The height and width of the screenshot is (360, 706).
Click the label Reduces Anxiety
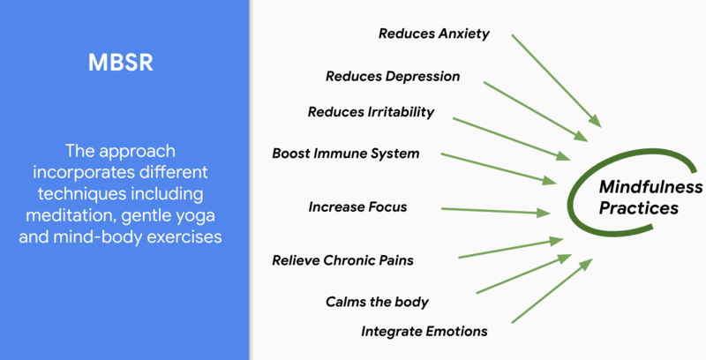tap(433, 34)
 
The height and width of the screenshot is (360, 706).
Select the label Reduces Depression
tap(393, 76)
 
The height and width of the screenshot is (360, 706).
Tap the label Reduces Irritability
tap(371, 112)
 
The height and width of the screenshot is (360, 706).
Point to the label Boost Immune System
tap(346, 154)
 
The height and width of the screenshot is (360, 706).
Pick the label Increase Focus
tap(357, 207)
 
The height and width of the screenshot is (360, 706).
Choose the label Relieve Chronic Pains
tap(343, 260)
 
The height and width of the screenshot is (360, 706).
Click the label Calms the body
tap(377, 302)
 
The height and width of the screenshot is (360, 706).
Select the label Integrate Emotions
tap(424, 331)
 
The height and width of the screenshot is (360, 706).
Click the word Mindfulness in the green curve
tap(650, 187)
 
